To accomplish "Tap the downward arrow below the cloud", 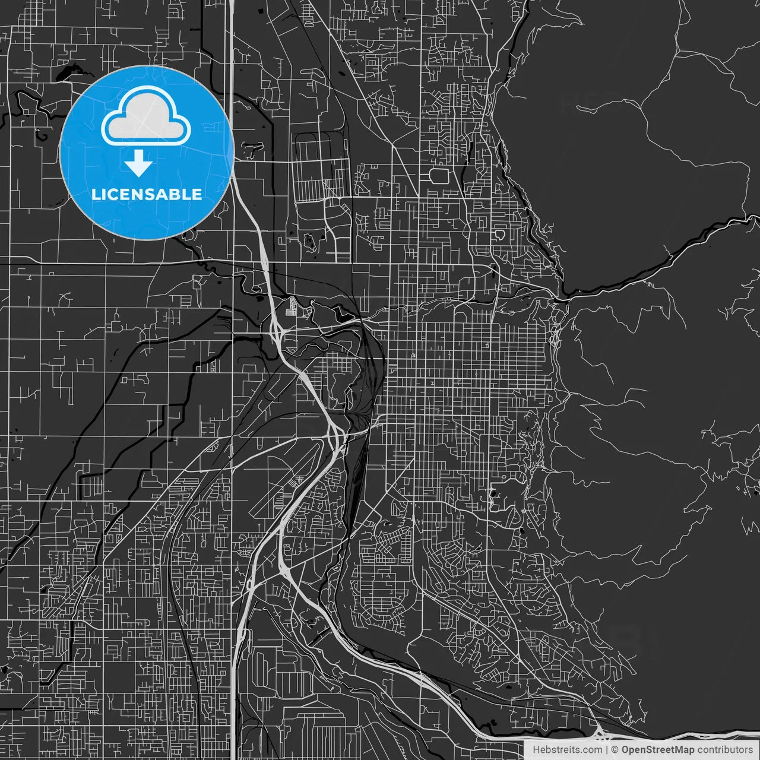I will pos(139,163).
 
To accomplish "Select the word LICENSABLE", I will pos(147,194).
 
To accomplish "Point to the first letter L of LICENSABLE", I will pos(95,194).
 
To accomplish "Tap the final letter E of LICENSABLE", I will pos(198,194).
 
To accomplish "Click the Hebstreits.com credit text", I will pos(567,750).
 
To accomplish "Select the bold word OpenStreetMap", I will pos(657,750).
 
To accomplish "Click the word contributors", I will pos(724,750).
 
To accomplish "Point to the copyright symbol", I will pos(615,750).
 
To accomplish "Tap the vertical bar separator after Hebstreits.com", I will pos(607,750).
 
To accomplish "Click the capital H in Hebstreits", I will pos(536,750).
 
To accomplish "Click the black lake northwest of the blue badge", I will pos(64,74).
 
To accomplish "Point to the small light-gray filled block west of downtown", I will pos(290,309).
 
